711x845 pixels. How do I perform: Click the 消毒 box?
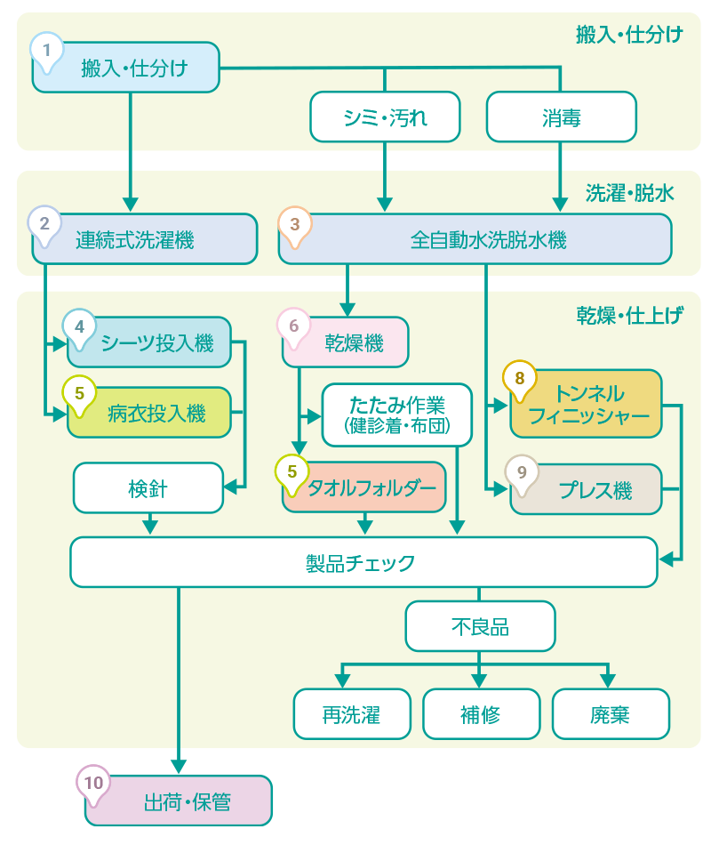[561, 117]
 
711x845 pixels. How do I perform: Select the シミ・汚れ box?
[386, 117]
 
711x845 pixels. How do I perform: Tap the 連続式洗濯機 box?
[145, 239]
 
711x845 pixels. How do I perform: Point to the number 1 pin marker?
[47, 50]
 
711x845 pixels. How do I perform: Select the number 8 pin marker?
[520, 377]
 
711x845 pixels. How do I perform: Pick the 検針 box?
[148, 487]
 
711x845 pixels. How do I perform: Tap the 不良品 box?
[480, 626]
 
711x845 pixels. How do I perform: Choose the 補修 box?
[480, 714]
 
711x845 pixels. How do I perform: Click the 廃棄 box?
[610, 714]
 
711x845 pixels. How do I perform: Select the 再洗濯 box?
[351, 714]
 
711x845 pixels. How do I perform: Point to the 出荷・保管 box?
[187, 801]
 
